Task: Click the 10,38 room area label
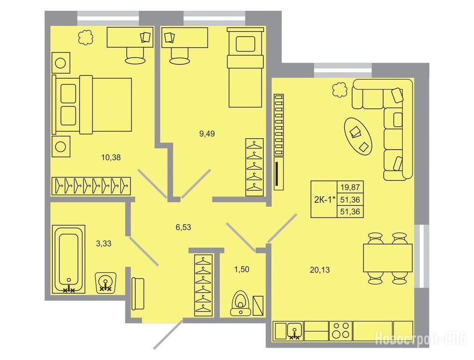[x=111, y=157]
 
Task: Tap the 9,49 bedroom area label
[x=207, y=134]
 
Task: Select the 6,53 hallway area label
[x=183, y=227]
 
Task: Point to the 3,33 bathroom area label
[x=104, y=243]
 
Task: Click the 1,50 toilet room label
[x=242, y=269]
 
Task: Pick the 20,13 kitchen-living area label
[x=319, y=270]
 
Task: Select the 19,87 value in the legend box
[x=350, y=187]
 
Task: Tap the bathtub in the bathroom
[x=69, y=259]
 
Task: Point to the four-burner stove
[x=341, y=330]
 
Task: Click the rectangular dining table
[x=388, y=258]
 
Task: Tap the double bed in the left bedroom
[x=92, y=105]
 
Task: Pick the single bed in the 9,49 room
[x=245, y=67]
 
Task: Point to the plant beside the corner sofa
[x=340, y=90]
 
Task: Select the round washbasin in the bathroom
[x=105, y=283]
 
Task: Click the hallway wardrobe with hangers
[x=203, y=285]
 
